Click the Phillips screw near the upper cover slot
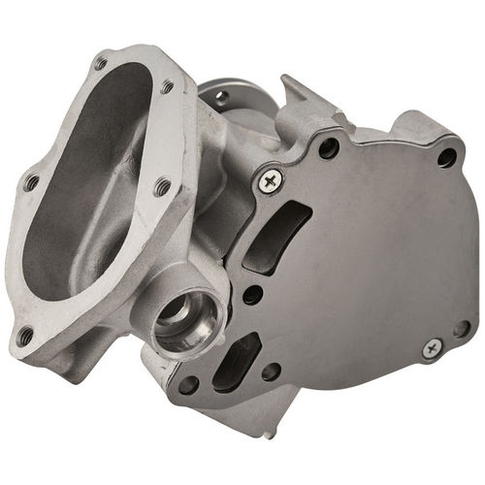(x=269, y=178)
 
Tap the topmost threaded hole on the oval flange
(x=101, y=64)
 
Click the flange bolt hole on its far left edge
(x=31, y=181)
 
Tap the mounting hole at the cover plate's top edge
(x=331, y=148)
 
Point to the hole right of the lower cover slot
(x=271, y=371)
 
